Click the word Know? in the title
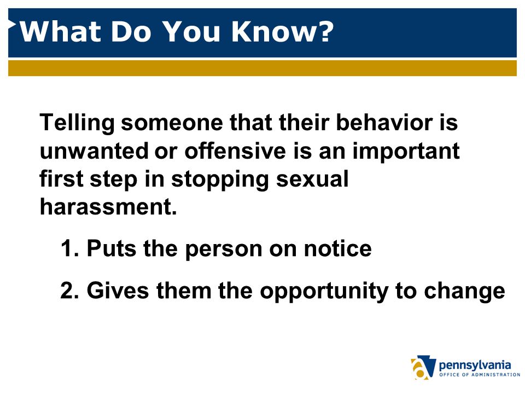[283, 31]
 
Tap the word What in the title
[61, 31]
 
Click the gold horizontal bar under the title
[262, 68]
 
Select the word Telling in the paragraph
[77, 123]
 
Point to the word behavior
[384, 122]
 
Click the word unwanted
[94, 151]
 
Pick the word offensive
[235, 150]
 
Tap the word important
[406, 152]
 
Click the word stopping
[220, 180]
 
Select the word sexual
[312, 179]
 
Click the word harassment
[108, 207]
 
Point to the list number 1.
[69, 248]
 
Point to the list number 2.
[69, 290]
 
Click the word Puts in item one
[112, 248]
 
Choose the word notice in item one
[337, 248]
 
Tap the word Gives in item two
[118, 290]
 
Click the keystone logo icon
[423, 367]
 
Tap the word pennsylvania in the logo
[475, 365]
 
